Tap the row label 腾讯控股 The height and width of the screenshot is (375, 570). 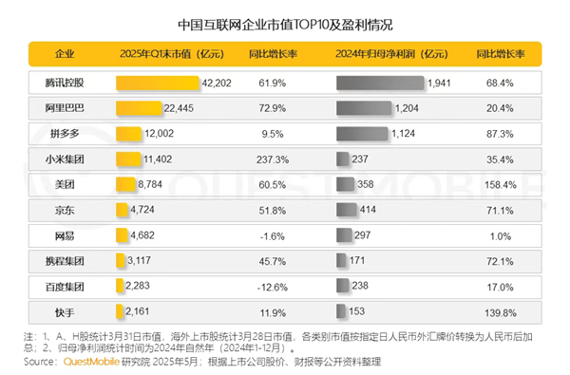pyautogui.click(x=65, y=84)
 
